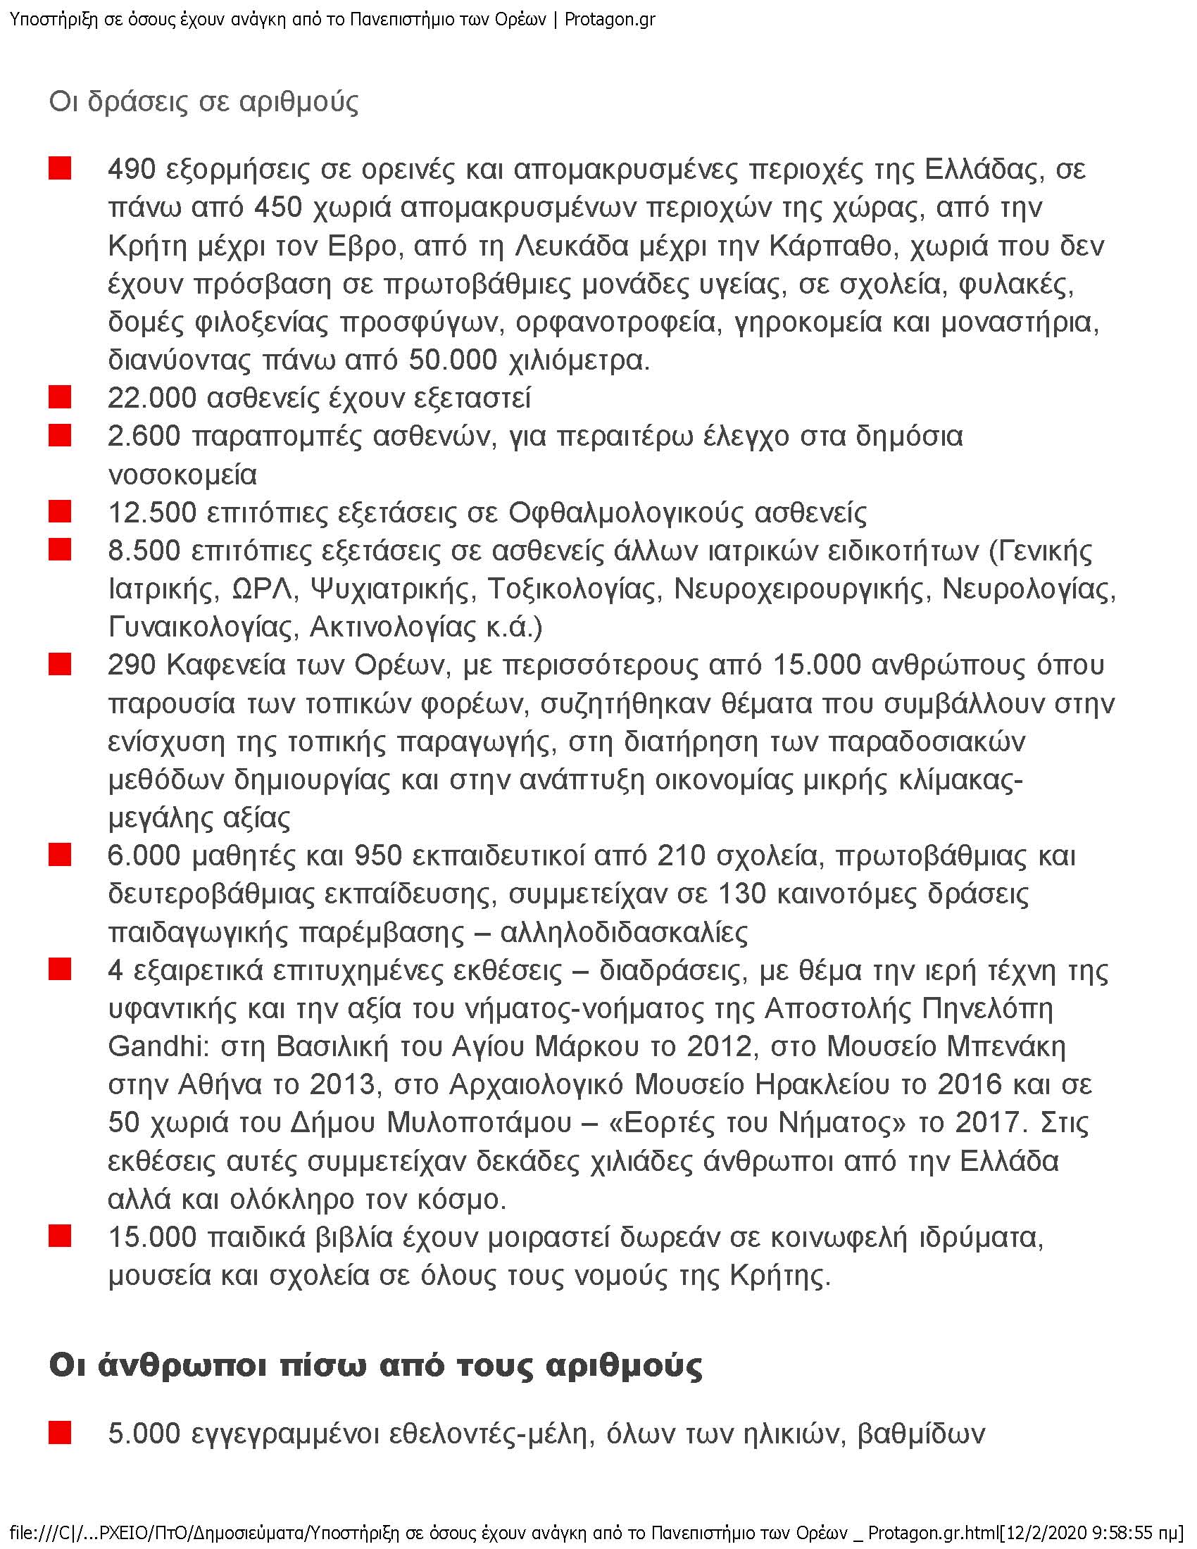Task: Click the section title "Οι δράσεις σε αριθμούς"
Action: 203,102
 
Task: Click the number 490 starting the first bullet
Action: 131,170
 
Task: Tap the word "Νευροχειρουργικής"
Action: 801,589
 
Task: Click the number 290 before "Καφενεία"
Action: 131,665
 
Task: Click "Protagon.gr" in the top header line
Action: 610,19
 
